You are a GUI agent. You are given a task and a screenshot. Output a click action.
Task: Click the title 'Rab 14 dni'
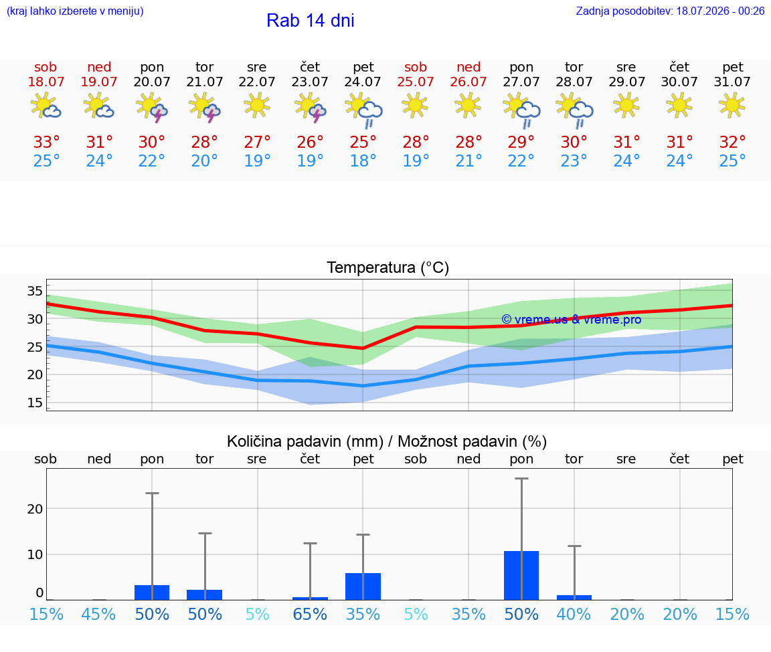click(311, 20)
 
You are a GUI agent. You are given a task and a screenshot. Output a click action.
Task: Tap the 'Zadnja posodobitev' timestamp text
click(670, 11)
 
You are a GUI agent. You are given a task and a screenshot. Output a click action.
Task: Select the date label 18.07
click(46, 82)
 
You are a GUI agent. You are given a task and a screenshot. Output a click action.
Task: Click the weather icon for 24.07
click(363, 110)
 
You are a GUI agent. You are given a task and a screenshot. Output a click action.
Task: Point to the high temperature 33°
click(46, 142)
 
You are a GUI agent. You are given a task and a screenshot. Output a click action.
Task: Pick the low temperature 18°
click(363, 160)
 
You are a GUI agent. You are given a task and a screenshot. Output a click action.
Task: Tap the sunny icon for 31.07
click(732, 105)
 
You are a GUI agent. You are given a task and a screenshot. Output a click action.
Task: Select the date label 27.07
click(521, 82)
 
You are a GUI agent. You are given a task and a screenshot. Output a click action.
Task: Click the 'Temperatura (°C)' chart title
click(388, 267)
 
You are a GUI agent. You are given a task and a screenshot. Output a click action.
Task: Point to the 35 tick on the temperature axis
click(35, 291)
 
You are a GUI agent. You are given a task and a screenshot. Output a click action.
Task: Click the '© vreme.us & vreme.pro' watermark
click(572, 320)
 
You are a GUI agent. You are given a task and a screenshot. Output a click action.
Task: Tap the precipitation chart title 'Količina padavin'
click(305, 441)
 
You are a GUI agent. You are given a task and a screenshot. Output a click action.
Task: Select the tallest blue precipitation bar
click(521, 575)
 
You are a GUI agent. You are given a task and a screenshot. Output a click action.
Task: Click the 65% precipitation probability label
click(310, 614)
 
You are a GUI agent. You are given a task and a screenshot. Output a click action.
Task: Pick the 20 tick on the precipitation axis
click(35, 509)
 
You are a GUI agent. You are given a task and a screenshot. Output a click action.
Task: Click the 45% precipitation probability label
click(99, 614)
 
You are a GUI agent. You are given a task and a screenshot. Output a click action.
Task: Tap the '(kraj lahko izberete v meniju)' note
click(75, 11)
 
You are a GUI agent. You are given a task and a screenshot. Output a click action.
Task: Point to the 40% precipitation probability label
click(574, 614)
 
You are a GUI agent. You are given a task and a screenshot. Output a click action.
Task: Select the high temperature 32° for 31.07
click(732, 142)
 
